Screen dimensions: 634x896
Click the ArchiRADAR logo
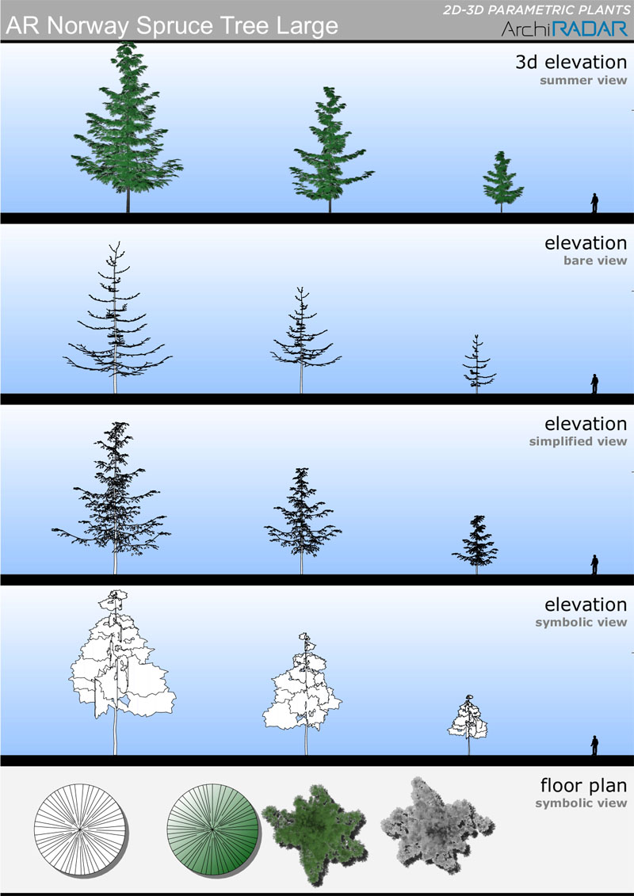pyautogui.click(x=564, y=29)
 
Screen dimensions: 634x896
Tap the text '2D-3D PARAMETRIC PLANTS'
pyautogui.click(x=535, y=10)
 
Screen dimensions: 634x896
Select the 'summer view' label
pyautogui.click(x=583, y=80)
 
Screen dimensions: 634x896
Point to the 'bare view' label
pyautogui.click(x=594, y=261)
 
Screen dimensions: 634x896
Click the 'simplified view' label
pyautogui.click(x=578, y=442)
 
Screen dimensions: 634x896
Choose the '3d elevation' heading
pyautogui.click(x=571, y=62)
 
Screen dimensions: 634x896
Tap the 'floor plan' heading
pyautogui.click(x=583, y=785)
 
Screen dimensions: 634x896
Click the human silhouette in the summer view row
pyautogui.click(x=594, y=203)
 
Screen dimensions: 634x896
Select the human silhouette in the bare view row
pyautogui.click(x=594, y=383)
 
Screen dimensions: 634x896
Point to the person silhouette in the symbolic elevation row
pyautogui.click(x=594, y=745)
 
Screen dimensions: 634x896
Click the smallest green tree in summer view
pyautogui.click(x=502, y=181)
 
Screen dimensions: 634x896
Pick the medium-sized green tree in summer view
pyautogui.click(x=330, y=149)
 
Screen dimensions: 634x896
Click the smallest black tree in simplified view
pyautogui.click(x=475, y=544)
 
